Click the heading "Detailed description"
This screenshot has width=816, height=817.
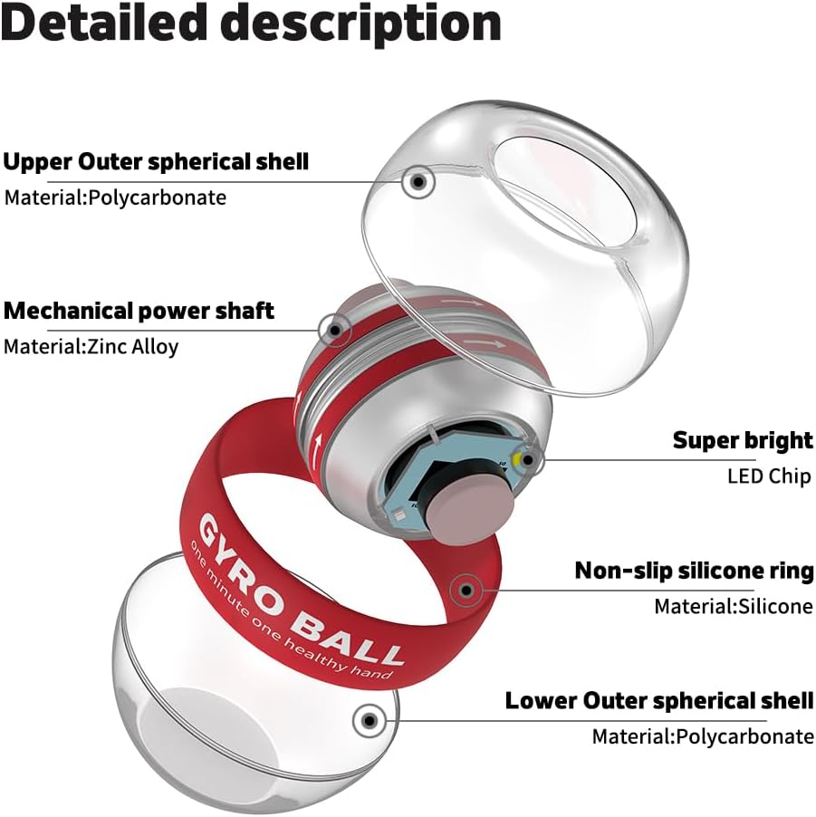tap(251, 24)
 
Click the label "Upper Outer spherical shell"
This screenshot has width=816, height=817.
tap(156, 162)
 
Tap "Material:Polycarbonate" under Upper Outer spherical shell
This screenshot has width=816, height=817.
tap(115, 197)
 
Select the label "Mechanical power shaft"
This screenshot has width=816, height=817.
tap(139, 312)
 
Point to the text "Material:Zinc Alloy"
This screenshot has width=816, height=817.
tap(91, 346)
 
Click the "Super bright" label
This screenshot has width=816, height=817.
tap(743, 441)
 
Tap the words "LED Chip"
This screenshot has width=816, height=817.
tap(770, 476)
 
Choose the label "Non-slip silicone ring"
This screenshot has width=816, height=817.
tap(694, 572)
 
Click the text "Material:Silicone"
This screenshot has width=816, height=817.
tap(734, 606)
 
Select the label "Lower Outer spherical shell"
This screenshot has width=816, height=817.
tap(659, 700)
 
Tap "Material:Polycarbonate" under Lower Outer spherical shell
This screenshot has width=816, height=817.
tap(703, 735)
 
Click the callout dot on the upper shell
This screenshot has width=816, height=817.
tap(417, 182)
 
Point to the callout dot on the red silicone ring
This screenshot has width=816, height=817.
tap(466, 591)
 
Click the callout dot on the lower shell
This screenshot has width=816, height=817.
tap(369, 721)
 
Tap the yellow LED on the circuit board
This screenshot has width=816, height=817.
tap(521, 460)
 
